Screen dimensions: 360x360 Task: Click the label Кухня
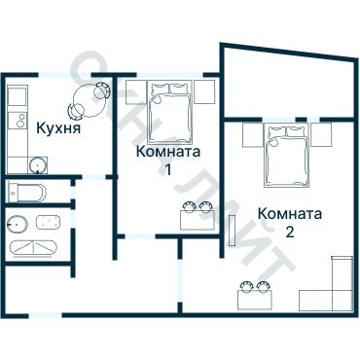(57, 127)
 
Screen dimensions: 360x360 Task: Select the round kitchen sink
(37, 164)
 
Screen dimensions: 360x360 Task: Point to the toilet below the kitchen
(25, 190)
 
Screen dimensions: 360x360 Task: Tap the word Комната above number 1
(168, 152)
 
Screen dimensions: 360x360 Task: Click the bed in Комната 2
(286, 156)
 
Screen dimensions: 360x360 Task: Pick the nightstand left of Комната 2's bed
(250, 133)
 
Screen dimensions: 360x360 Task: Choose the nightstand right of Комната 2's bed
(322, 133)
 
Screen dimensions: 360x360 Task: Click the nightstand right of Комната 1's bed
(203, 92)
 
